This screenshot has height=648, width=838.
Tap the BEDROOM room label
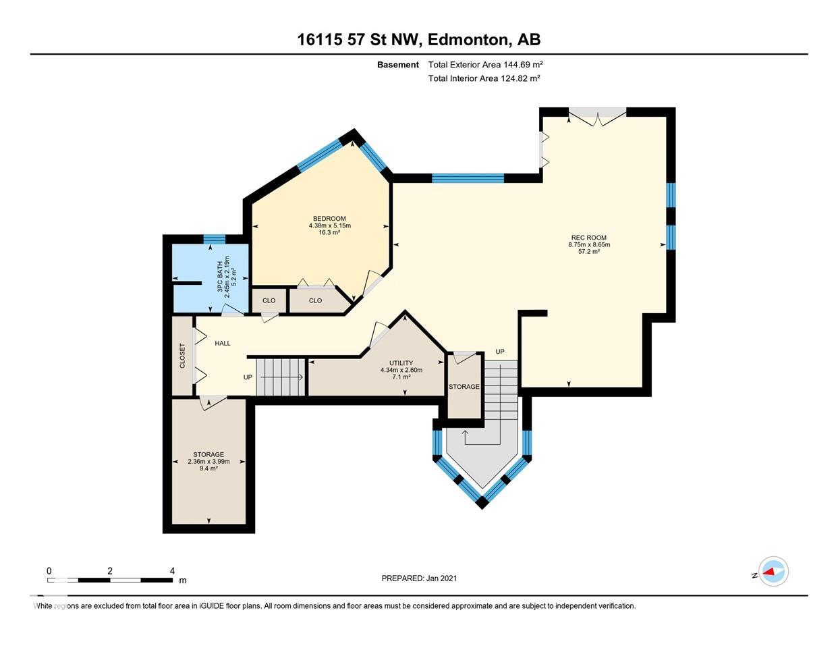[329, 218]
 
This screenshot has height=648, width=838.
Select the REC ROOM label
[589, 238]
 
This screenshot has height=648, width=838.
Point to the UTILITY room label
[401, 363]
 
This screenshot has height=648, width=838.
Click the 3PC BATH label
[220, 277]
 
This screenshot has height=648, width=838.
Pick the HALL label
[223, 343]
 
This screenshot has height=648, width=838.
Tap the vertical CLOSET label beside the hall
[182, 356]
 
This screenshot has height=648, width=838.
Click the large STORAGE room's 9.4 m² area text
[208, 468]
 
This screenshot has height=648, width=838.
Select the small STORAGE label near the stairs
[464, 387]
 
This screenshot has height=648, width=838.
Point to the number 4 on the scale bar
[172, 571]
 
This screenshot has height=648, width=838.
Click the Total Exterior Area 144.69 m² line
[486, 64]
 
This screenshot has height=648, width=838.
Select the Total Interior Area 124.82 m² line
[484, 78]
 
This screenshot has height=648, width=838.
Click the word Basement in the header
[398, 65]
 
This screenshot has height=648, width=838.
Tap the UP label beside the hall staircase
[248, 377]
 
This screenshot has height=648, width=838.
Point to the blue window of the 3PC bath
[215, 239]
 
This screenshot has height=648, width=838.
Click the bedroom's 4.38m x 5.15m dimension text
[330, 225]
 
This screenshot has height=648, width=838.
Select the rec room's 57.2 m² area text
[589, 252]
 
